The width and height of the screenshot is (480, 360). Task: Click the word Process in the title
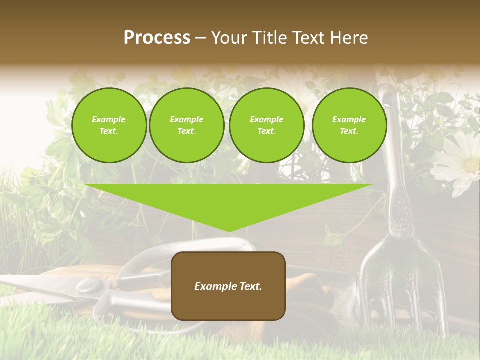[157, 38]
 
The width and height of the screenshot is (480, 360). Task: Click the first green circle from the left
[109, 125]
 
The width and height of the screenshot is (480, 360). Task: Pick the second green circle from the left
[186, 125]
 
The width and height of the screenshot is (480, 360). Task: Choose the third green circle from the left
[266, 125]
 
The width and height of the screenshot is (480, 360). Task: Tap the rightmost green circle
[349, 125]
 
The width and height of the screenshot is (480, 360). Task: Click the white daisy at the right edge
[460, 162]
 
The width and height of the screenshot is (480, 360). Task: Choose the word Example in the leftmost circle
[109, 119]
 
